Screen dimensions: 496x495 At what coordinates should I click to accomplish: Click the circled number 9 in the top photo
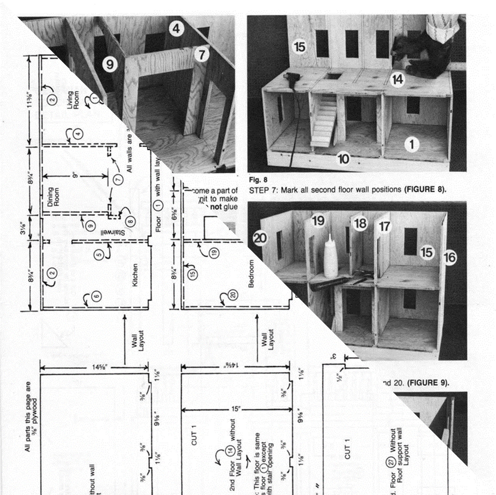pos(110,64)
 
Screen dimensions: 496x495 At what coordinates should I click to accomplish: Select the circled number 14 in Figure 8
pos(397,80)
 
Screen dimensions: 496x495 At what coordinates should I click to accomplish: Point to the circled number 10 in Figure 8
pos(343,159)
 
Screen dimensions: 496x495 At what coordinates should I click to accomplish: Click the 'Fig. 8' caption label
pos(254,180)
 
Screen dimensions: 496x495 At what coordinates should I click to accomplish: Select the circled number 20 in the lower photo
pos(260,238)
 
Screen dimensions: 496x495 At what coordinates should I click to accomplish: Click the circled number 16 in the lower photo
pos(450,258)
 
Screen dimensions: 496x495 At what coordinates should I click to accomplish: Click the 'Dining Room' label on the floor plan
pos(53,197)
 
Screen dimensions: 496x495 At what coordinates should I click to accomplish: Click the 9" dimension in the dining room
pos(75,176)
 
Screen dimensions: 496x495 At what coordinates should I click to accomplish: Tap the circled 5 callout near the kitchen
pos(100,255)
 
